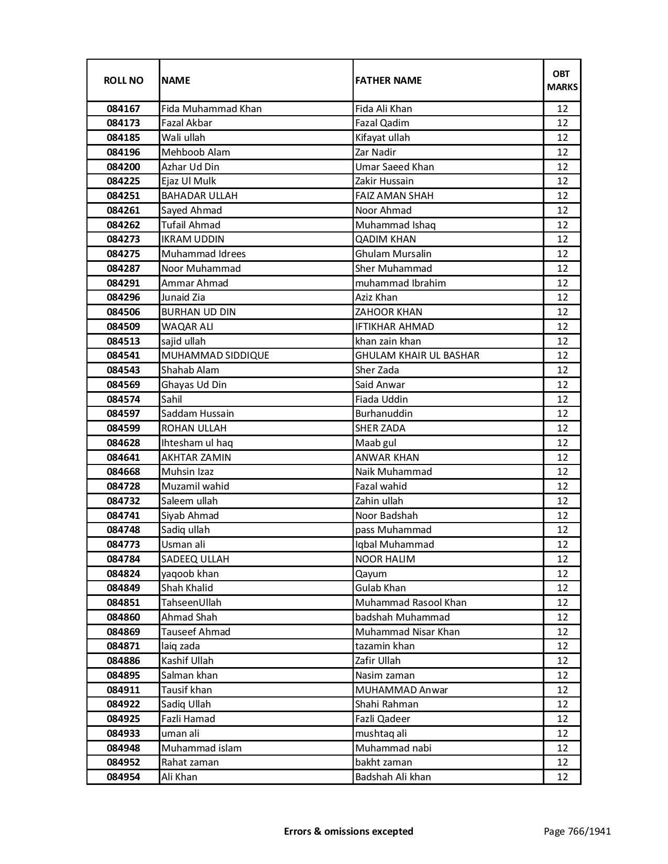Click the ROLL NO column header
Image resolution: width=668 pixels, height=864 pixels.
(123, 80)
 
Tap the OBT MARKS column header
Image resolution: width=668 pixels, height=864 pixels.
(562, 80)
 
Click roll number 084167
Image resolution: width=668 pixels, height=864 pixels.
(123, 109)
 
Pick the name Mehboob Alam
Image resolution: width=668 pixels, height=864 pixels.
(195, 152)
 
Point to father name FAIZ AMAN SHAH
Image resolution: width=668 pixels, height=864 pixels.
(394, 196)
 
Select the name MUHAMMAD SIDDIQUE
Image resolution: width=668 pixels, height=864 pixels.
(215, 356)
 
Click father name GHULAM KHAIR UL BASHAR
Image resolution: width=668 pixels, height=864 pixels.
(417, 356)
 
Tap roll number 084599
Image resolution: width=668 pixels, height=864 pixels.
(123, 428)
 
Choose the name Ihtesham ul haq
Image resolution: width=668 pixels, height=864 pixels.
(197, 443)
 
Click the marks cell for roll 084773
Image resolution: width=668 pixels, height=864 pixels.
(562, 545)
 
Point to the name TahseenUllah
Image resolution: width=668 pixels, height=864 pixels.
(191, 603)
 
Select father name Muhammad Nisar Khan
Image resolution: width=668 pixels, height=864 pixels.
(407, 632)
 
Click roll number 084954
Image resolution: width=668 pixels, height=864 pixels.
(123, 777)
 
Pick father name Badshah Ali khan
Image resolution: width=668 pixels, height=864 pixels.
(393, 777)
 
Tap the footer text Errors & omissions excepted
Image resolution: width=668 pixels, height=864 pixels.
(348, 832)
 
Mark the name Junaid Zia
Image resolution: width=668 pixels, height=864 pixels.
(183, 297)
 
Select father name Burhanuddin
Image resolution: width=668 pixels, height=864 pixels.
(384, 414)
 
